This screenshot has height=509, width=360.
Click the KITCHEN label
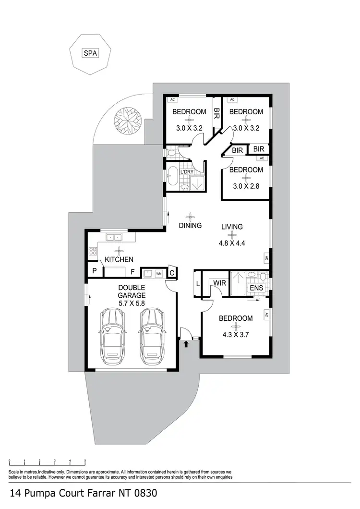pos(119,259)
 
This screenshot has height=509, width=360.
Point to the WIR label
pos(220,283)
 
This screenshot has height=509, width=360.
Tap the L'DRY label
pos(186,171)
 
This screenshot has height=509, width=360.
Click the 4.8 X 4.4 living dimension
pos(232,243)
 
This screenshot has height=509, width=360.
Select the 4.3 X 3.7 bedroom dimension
pos(236,335)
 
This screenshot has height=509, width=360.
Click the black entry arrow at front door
pos(186,343)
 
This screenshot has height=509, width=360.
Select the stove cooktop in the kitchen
pos(93,251)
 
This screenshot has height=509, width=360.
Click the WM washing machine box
pos(158,274)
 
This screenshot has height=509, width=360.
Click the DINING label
pos(190,225)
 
